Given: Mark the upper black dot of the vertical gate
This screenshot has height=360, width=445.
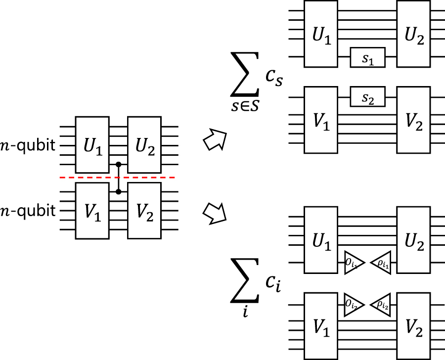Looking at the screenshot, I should pos(118,164).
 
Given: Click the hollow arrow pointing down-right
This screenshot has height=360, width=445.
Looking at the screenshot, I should pos(215,213).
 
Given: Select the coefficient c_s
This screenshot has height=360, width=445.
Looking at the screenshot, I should pos(273,78).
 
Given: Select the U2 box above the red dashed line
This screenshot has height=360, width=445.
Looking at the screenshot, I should pos(144,144).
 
